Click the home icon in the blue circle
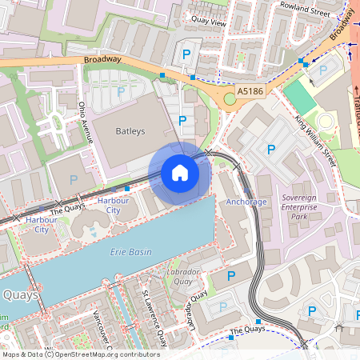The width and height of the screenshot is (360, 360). (180, 173)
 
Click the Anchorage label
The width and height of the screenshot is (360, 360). (246, 202)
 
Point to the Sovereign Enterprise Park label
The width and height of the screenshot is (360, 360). (300, 206)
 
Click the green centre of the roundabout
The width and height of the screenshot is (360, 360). (230, 98)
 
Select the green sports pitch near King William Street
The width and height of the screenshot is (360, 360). (300, 96)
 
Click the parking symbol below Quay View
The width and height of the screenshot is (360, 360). (186, 54)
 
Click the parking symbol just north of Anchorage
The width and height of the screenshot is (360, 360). (270, 150)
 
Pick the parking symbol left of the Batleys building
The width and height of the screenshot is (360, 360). (74, 180)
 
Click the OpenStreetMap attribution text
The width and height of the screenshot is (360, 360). (80, 354)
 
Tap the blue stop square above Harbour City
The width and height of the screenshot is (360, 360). (127, 187)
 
